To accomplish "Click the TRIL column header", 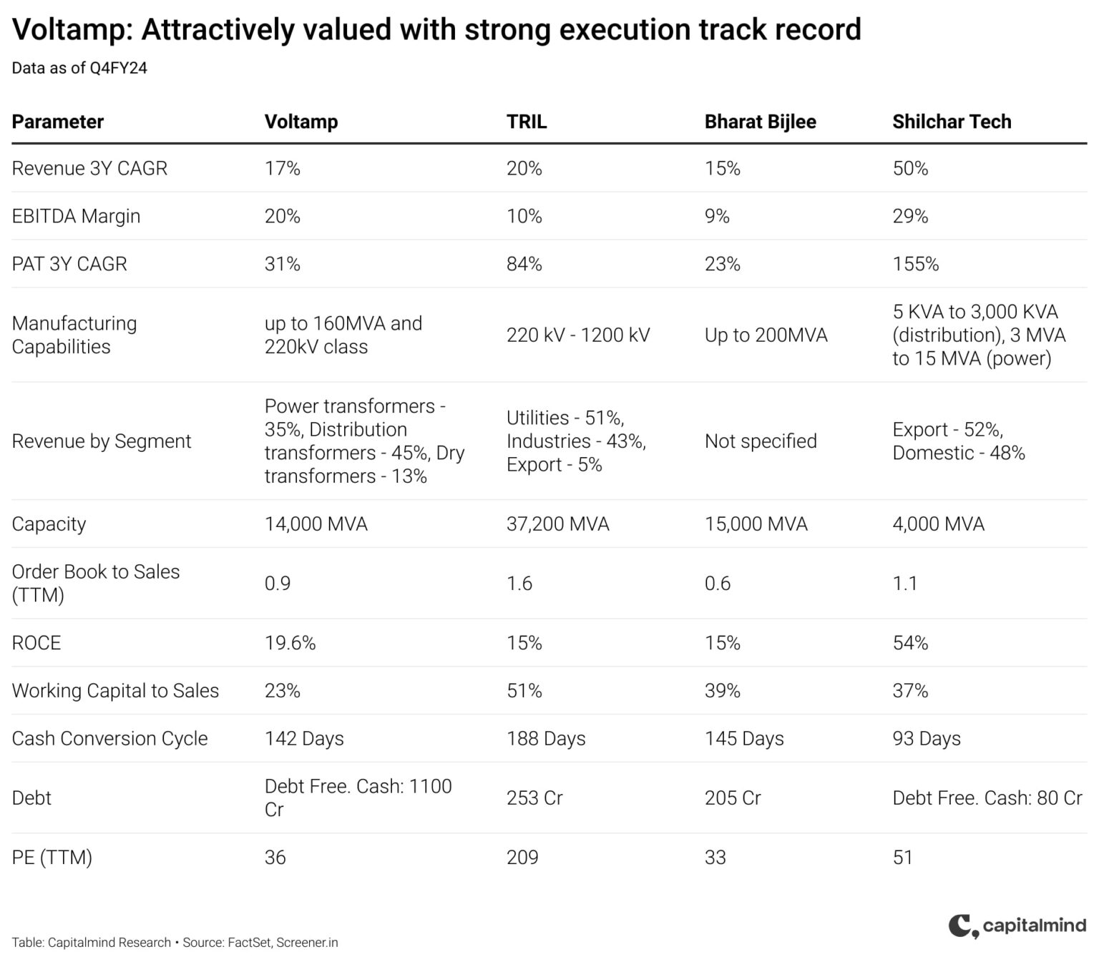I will coord(527,122).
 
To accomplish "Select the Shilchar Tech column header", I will coord(952,122).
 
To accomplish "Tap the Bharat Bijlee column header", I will coord(760,122).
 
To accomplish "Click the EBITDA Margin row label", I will coord(76,216).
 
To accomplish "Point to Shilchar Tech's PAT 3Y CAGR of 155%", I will coord(915,264).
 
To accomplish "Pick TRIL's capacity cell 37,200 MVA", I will coord(557,524).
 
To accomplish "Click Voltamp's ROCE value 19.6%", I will coord(290,643).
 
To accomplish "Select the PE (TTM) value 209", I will coord(522,858).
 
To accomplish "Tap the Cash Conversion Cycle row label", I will coord(109,739).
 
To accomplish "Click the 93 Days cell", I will coord(926,739).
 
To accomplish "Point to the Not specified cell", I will coord(760,441).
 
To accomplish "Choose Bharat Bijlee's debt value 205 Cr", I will coord(732,798).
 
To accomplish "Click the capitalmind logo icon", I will coord(963,926).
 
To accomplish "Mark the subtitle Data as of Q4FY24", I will coord(79,68).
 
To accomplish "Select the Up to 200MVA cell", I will coord(766,335).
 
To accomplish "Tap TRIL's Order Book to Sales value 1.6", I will coord(519,584).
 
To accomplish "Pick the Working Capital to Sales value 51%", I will coord(524,691).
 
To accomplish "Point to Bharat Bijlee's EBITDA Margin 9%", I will coord(716,216).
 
